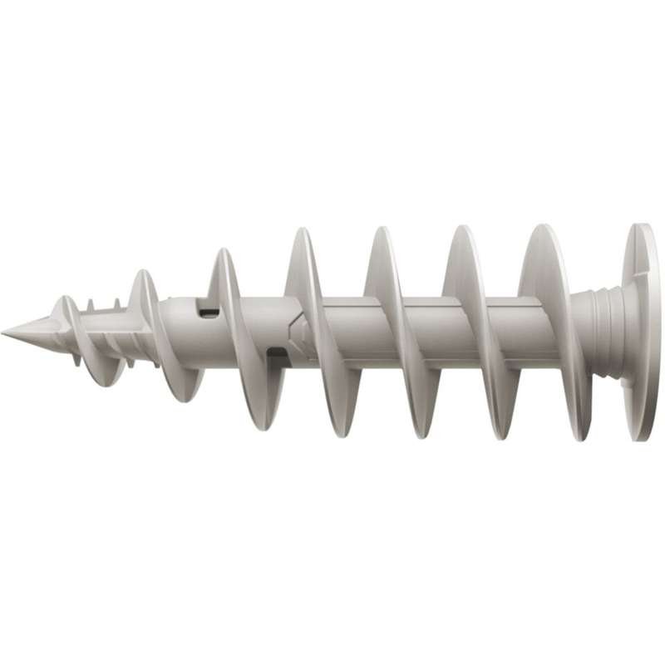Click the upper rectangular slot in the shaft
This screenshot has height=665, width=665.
[208, 313]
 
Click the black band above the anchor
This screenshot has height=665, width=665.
[332, 108]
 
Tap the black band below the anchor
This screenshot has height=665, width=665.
[332, 557]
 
